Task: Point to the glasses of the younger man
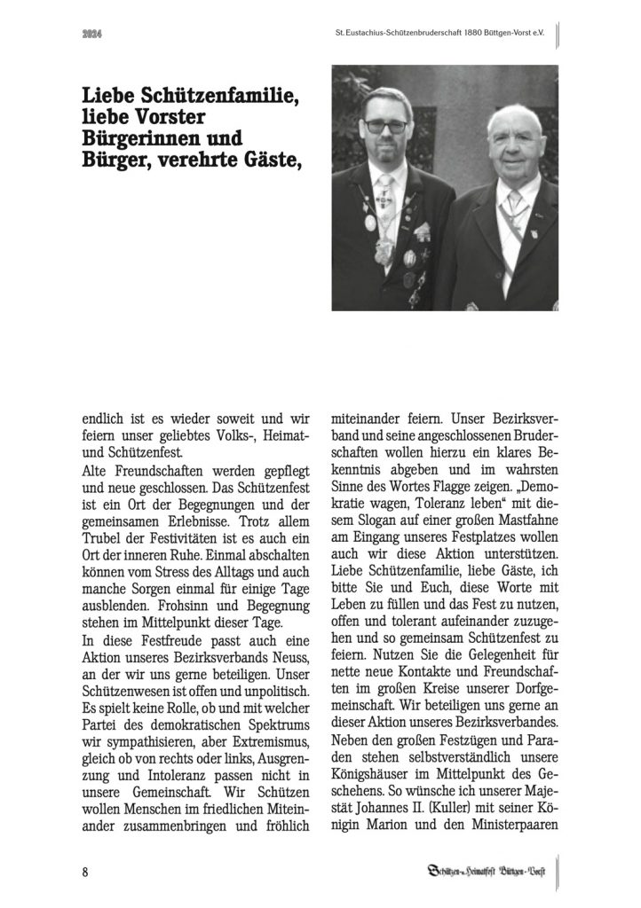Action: [x=387, y=127]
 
